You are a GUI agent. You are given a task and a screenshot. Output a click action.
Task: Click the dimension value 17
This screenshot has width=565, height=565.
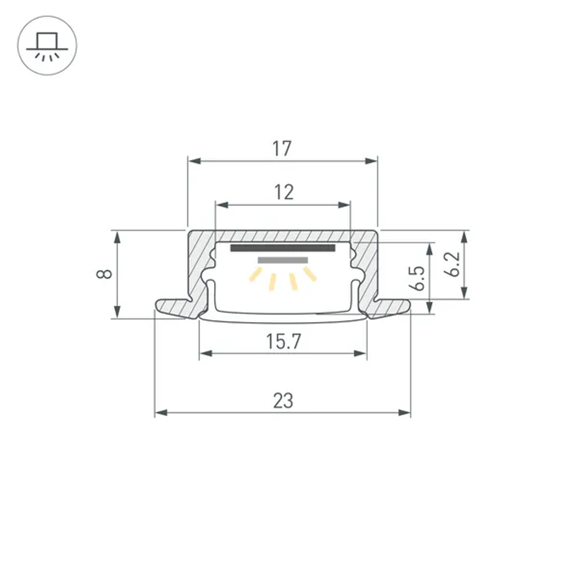click(282, 149)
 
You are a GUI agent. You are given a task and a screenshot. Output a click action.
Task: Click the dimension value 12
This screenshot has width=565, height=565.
click(284, 193)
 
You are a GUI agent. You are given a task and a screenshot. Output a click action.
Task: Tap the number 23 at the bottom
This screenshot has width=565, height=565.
click(283, 401)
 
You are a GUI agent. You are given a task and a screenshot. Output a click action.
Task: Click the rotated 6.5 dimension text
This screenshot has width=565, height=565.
click(418, 277)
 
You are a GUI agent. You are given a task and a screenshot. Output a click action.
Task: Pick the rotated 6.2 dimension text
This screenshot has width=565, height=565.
click(452, 264)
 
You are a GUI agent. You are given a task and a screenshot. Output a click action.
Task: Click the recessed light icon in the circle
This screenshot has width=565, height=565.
click(47, 47)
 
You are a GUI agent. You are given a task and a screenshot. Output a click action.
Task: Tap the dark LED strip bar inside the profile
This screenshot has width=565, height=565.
click(282, 248)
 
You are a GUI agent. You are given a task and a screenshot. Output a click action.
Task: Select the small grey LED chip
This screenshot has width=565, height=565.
click(282, 260)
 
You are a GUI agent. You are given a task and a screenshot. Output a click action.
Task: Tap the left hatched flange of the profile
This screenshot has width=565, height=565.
click(175, 307)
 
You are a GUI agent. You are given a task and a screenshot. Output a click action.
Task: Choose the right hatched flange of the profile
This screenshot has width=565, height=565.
click(390, 307)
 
